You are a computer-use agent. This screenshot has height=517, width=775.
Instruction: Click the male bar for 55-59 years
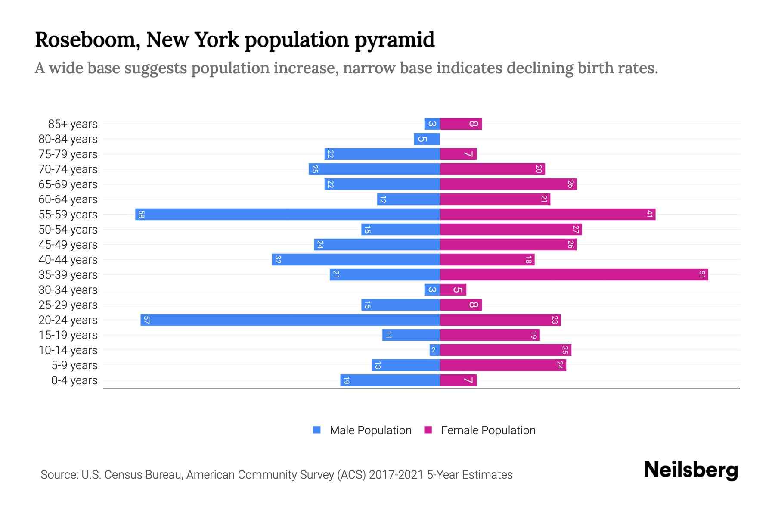point(288,214)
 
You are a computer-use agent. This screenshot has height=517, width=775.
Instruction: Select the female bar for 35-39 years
point(574,274)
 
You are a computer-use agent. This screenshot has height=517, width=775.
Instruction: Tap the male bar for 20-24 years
point(290,320)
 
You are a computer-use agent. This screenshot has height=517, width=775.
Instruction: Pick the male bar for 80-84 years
point(427,139)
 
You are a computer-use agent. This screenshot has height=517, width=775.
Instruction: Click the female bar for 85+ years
point(461,124)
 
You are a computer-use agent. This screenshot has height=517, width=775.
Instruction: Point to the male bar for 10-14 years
point(434,350)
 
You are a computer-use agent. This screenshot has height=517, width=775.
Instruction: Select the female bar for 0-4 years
point(458,380)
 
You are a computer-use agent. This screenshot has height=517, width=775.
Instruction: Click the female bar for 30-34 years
point(453,290)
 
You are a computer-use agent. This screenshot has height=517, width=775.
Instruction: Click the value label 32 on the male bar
point(278,259)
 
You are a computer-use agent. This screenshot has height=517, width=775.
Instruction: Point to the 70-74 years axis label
point(68,169)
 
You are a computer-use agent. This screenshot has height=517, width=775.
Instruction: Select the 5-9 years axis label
point(74,365)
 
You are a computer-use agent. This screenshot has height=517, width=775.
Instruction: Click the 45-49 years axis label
point(68,244)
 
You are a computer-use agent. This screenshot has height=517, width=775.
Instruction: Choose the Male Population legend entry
point(370,430)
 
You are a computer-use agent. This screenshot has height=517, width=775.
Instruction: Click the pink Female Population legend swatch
point(428,430)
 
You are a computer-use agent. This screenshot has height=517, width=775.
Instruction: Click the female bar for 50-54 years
point(511,229)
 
